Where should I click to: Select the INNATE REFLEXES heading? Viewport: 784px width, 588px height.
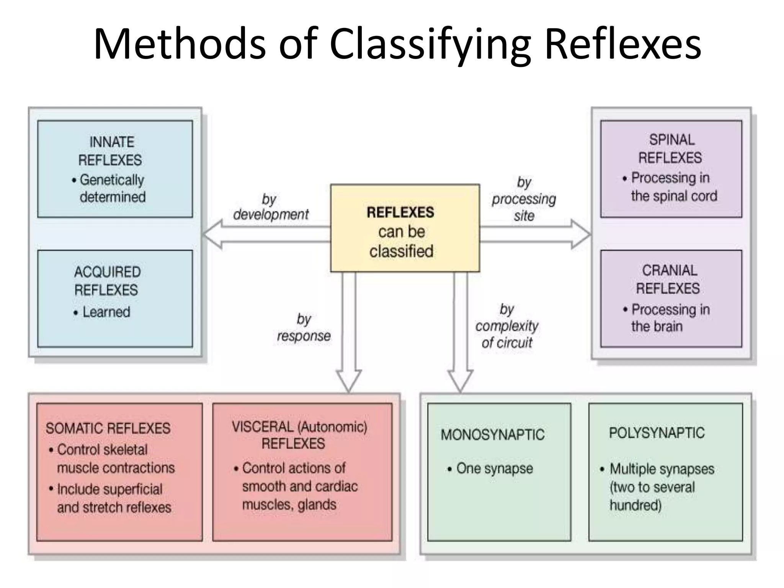pyautogui.click(x=111, y=151)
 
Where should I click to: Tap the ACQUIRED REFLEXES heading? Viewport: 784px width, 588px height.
pyautogui.click(x=107, y=281)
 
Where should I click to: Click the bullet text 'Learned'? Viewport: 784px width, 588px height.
pyautogui.click(x=106, y=312)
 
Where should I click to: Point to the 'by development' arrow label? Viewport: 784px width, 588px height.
pyautogui.click(x=270, y=207)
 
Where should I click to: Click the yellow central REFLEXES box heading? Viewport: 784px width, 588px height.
pyautogui.click(x=400, y=212)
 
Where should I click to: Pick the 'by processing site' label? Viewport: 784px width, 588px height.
pyautogui.click(x=524, y=199)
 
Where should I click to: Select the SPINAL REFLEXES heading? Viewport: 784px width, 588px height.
pyautogui.click(x=671, y=149)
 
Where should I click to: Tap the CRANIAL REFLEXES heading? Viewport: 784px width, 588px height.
pyautogui.click(x=668, y=279)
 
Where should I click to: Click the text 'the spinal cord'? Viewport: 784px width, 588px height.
pyautogui.click(x=674, y=196)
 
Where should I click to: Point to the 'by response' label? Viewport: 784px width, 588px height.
pyautogui.click(x=304, y=328)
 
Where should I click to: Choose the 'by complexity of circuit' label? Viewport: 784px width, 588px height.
pyautogui.click(x=506, y=326)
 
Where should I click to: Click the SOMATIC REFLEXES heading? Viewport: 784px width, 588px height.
pyautogui.click(x=108, y=428)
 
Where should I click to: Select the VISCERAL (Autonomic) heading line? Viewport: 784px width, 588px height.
pyautogui.click(x=299, y=426)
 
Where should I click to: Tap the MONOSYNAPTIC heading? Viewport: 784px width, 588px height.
pyautogui.click(x=492, y=435)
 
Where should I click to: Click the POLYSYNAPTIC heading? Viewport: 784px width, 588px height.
pyautogui.click(x=657, y=433)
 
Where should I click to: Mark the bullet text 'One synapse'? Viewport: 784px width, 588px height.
pyautogui.click(x=494, y=468)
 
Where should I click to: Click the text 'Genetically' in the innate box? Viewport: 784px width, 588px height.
pyautogui.click(x=112, y=180)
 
